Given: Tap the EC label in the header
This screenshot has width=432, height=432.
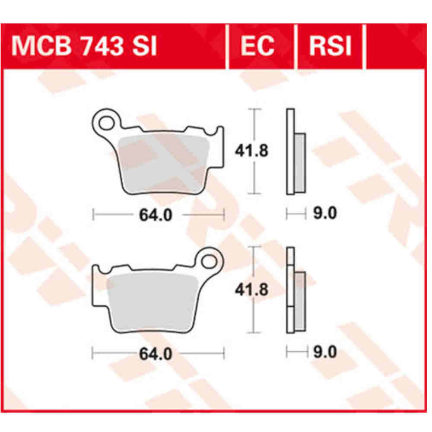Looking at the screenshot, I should click(257, 46).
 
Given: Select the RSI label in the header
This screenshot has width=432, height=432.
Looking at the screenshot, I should click(330, 46).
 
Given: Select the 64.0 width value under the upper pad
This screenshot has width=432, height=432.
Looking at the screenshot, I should click(156, 215).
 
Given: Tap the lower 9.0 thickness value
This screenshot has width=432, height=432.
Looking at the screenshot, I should click(324, 353).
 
